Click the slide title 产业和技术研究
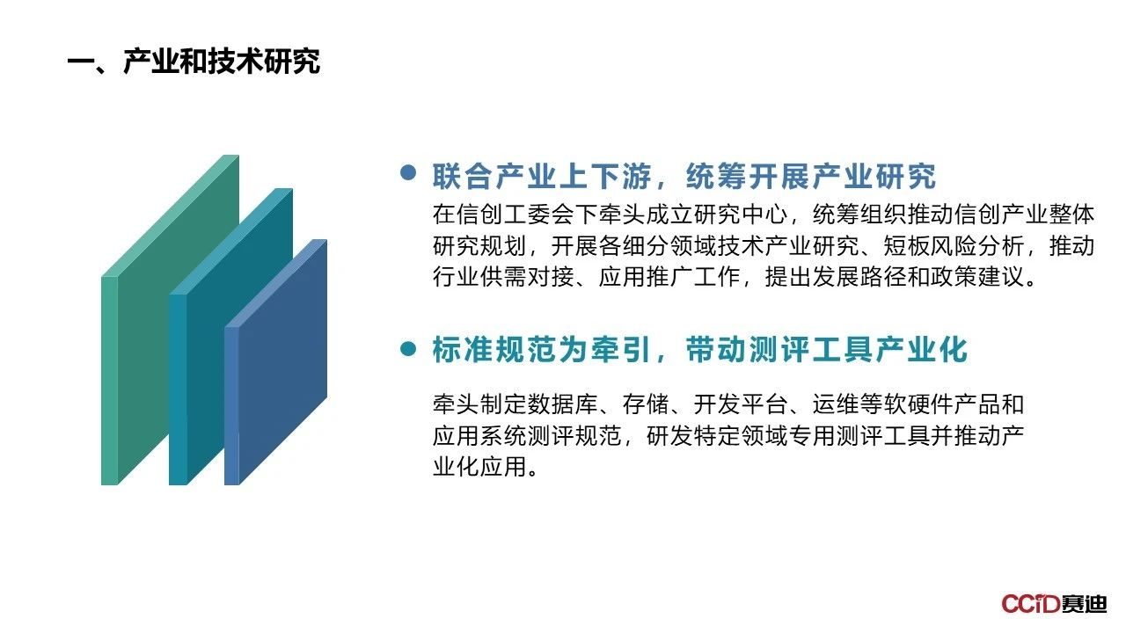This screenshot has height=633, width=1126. [x=221, y=62]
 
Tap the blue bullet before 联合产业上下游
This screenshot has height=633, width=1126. [x=408, y=172]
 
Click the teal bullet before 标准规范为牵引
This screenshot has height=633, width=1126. [x=408, y=349]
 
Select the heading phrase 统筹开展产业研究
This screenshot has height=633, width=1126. [x=811, y=177]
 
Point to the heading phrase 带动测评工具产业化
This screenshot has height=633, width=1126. [x=826, y=350]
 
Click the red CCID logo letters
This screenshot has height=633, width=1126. [x=1031, y=603]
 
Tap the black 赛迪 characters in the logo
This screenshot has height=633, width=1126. [x=1085, y=603]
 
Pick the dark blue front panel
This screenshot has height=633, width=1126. [x=276, y=361]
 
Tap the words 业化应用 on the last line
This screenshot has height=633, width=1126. [x=479, y=467]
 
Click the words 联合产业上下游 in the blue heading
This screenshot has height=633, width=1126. [x=542, y=177]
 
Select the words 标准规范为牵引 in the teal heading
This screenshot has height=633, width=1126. [x=542, y=350]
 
